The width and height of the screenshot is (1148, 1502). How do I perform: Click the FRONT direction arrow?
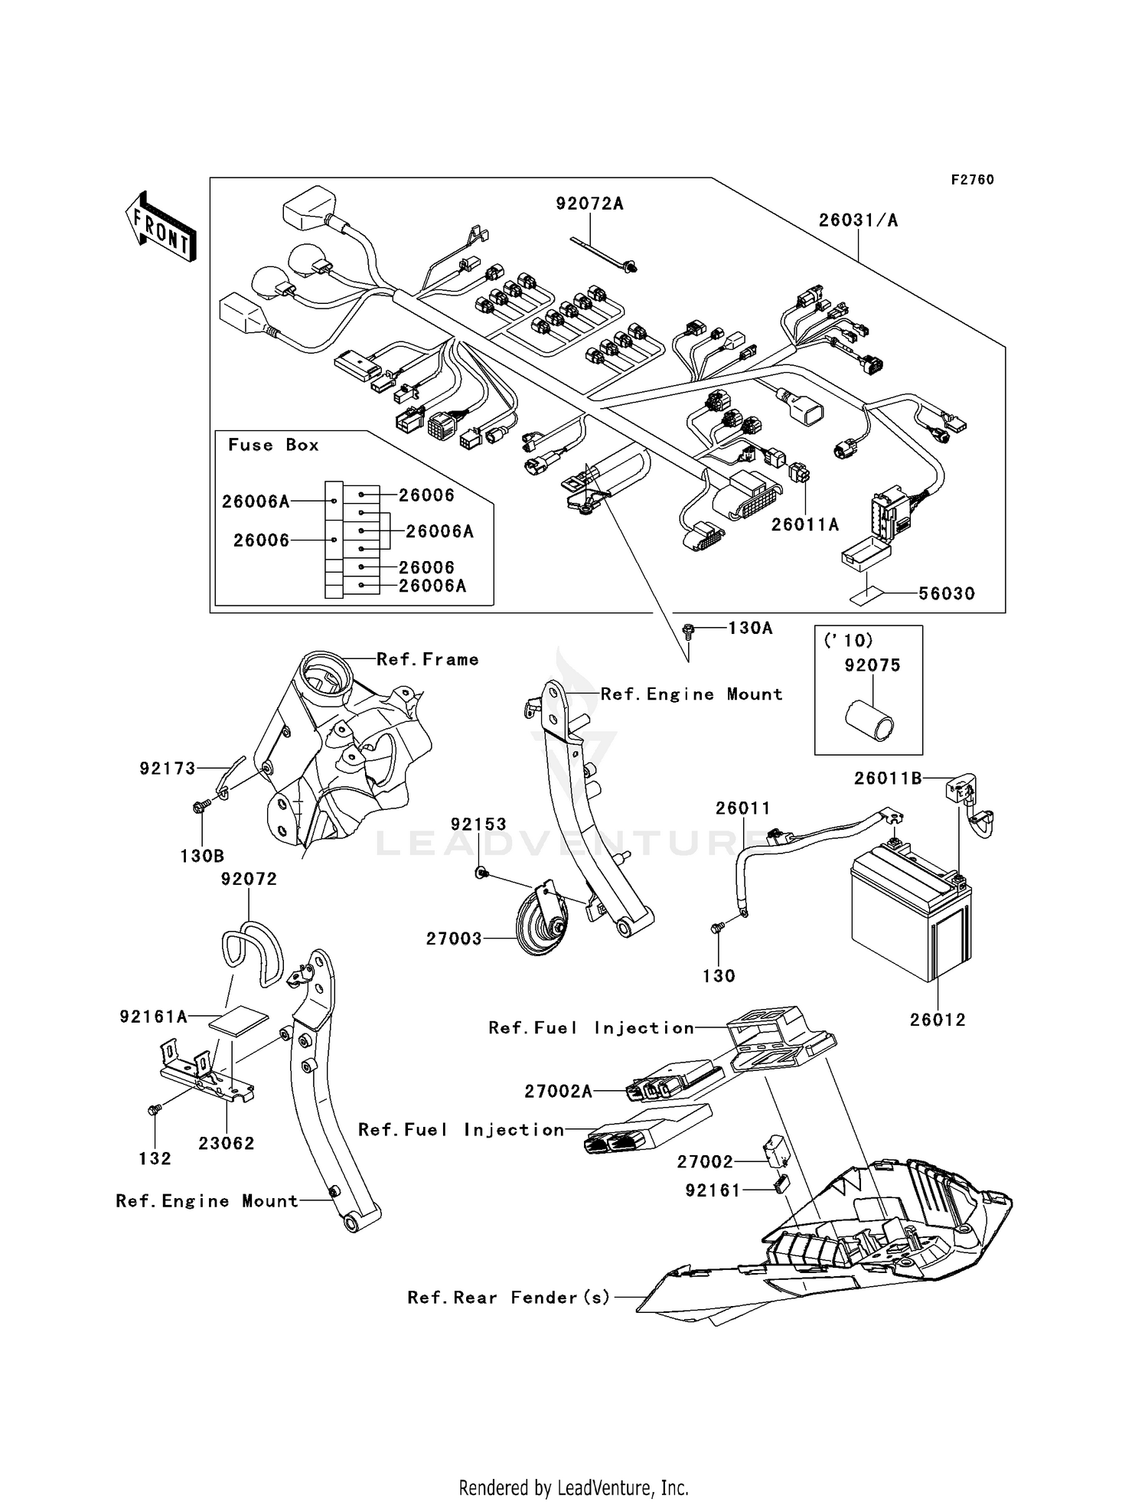[161, 227]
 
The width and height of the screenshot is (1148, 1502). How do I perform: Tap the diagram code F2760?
[972, 180]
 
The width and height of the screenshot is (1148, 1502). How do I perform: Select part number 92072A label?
[589, 204]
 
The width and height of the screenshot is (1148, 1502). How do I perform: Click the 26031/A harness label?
[858, 220]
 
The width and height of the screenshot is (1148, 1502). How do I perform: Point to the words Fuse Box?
[273, 446]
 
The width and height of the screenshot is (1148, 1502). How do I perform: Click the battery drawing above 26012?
[911, 915]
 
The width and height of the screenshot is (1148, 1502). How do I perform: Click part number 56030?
[947, 594]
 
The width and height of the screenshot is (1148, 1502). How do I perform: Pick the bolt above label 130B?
[201, 806]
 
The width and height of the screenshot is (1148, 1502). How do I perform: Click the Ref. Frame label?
[427, 660]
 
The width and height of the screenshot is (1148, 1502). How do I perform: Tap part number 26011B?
[888, 779]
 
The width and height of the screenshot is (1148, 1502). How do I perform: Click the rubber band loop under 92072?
[251, 953]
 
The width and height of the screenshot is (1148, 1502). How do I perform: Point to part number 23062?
[226, 1143]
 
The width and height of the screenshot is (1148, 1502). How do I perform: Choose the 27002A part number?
[558, 1092]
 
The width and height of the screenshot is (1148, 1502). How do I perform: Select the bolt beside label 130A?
[688, 631]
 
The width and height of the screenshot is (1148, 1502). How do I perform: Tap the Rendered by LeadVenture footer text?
[573, 1488]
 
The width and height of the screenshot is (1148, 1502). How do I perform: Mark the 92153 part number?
[478, 824]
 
